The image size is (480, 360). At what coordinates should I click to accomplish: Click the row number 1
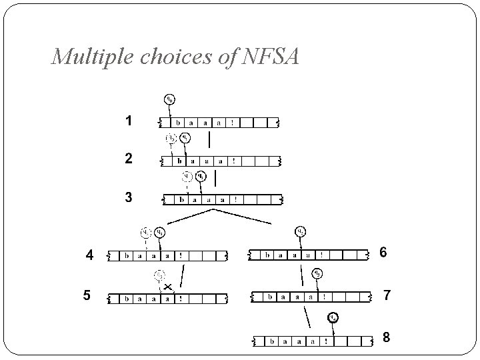[x=129, y=121]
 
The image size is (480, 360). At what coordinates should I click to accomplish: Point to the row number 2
[x=129, y=159]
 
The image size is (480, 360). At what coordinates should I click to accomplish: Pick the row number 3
[x=129, y=197]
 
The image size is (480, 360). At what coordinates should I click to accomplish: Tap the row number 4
[x=89, y=255]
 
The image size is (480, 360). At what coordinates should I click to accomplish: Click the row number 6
[x=383, y=252]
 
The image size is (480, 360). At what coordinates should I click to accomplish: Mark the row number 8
[x=386, y=338]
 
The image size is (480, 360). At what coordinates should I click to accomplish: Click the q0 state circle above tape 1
[x=170, y=100]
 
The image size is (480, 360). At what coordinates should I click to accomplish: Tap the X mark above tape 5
[x=167, y=287]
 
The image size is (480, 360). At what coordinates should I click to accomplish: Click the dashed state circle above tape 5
[x=159, y=275]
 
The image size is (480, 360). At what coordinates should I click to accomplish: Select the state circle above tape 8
[x=332, y=317]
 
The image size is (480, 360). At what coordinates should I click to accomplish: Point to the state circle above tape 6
[x=301, y=232]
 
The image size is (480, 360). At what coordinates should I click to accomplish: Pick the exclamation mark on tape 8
[x=325, y=341]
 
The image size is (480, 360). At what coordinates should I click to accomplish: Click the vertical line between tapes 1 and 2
[x=209, y=140]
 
